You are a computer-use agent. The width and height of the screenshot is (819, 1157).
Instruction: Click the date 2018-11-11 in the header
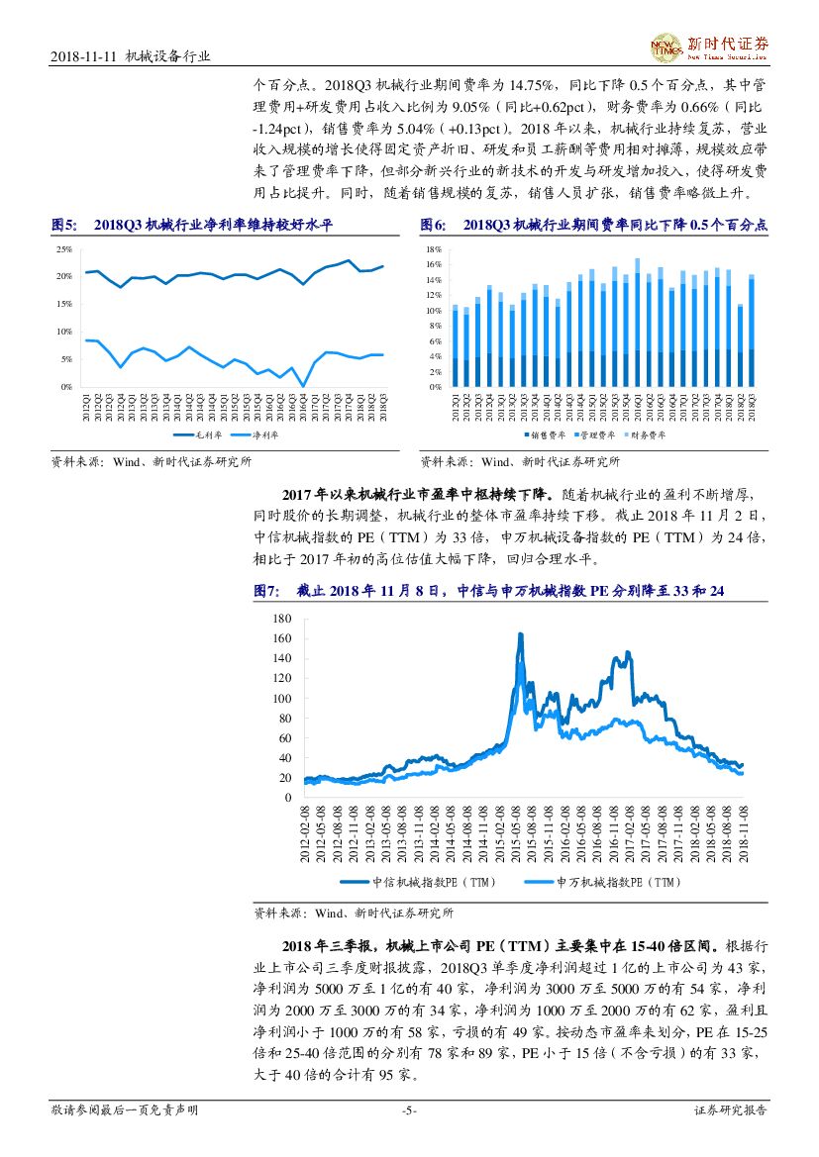click(82, 57)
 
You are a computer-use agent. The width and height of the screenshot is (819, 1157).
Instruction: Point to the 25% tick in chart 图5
click(64, 249)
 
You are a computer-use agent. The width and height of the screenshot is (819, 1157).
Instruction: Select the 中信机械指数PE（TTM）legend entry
click(415, 882)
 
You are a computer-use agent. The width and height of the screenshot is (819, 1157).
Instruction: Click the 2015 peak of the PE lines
click(521, 634)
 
